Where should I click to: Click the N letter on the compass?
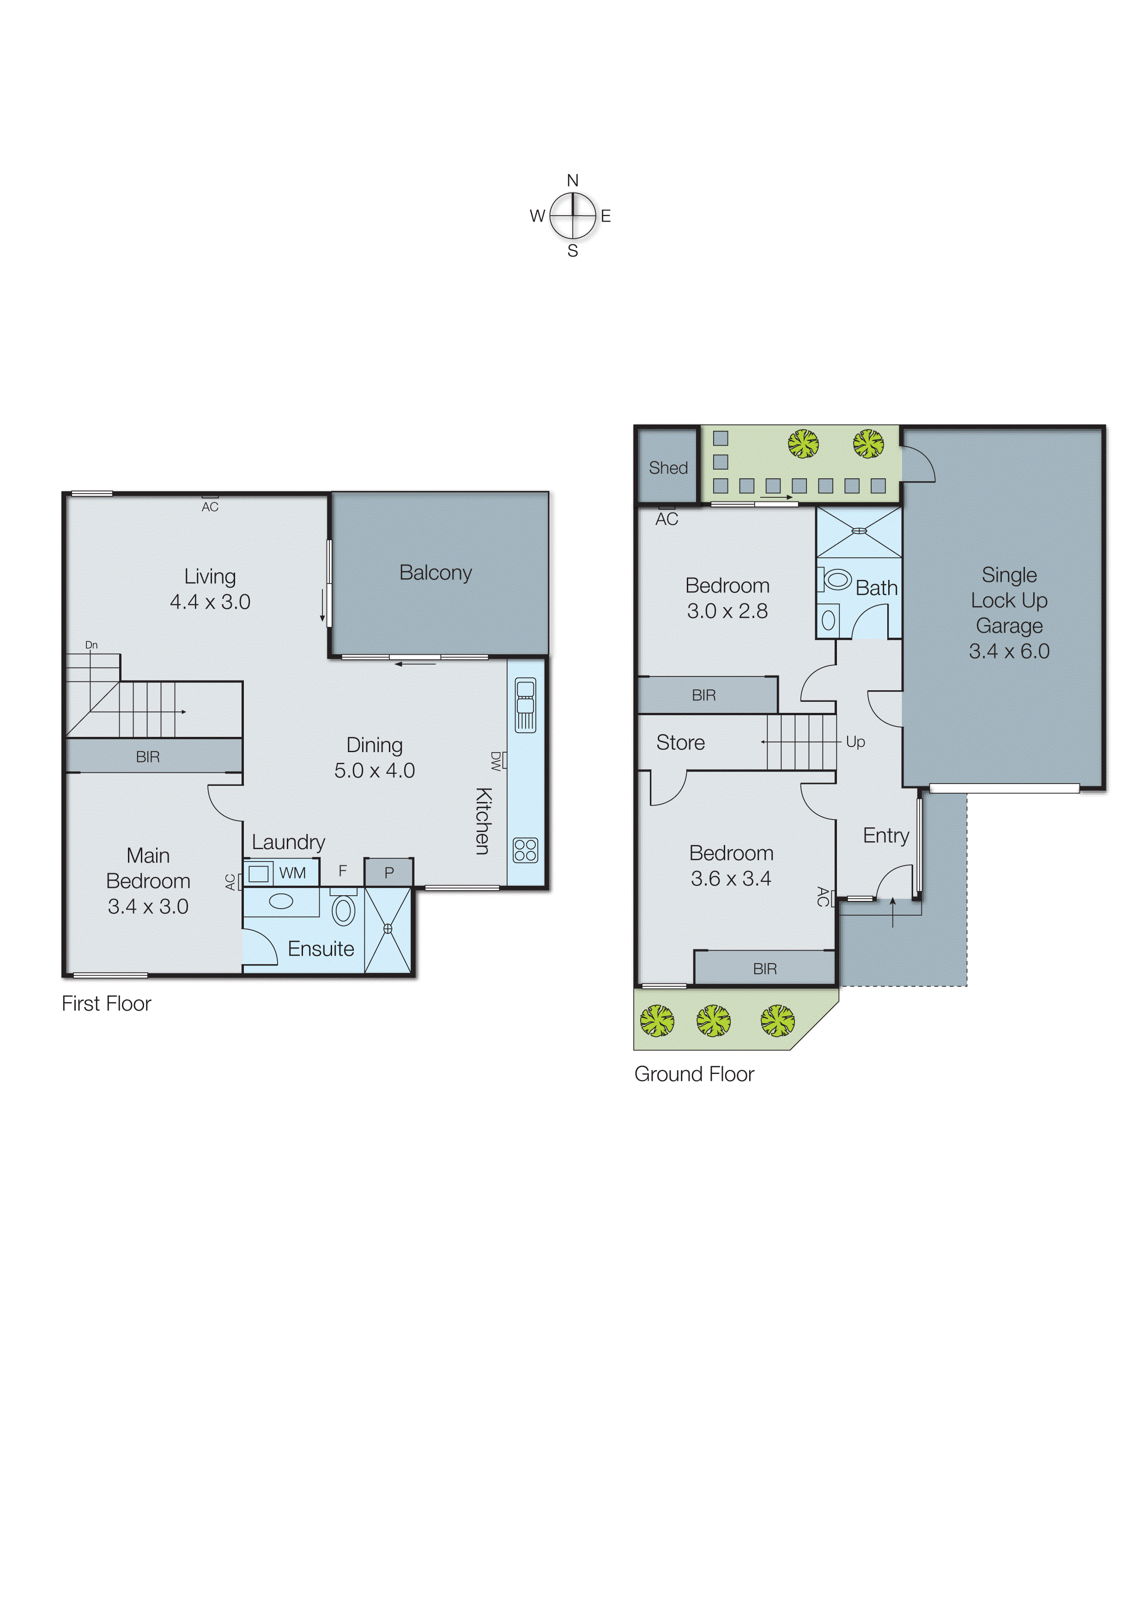[573, 181]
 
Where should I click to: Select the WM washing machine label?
[292, 873]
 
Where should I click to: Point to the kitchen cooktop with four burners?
[525, 850]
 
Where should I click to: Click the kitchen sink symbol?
[525, 704]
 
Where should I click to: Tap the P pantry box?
[388, 873]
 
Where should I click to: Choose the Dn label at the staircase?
[91, 645]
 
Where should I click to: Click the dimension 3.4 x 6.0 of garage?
[1009, 651]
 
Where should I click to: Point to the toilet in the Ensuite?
[343, 910]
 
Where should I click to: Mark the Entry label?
[885, 835]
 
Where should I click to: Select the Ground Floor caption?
[694, 1073]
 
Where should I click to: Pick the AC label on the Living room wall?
[210, 507]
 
